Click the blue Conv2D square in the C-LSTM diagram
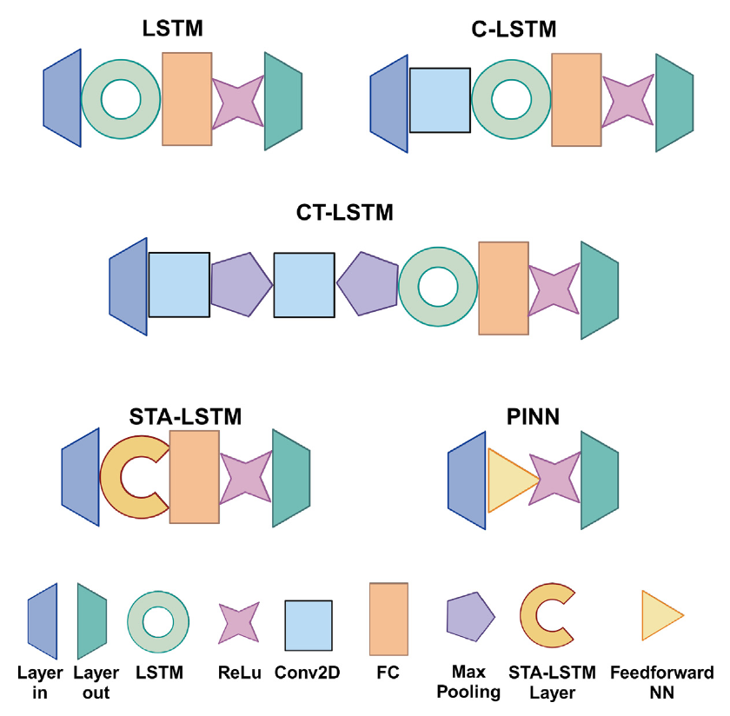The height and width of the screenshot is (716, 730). pyautogui.click(x=440, y=101)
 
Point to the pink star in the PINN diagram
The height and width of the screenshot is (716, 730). pyautogui.click(x=554, y=479)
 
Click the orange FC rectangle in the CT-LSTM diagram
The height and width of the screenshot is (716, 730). pyautogui.click(x=503, y=288)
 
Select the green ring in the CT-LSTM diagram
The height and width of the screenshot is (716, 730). pyautogui.click(x=438, y=288)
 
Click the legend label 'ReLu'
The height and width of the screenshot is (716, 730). pyautogui.click(x=237, y=673)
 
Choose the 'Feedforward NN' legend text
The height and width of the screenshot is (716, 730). pyautogui.click(x=662, y=682)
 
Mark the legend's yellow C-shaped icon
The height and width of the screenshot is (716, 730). pyautogui.click(x=547, y=618)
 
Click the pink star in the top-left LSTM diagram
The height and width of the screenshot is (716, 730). pyautogui.click(x=237, y=102)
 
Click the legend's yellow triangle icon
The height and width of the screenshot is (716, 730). pyautogui.click(x=660, y=617)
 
